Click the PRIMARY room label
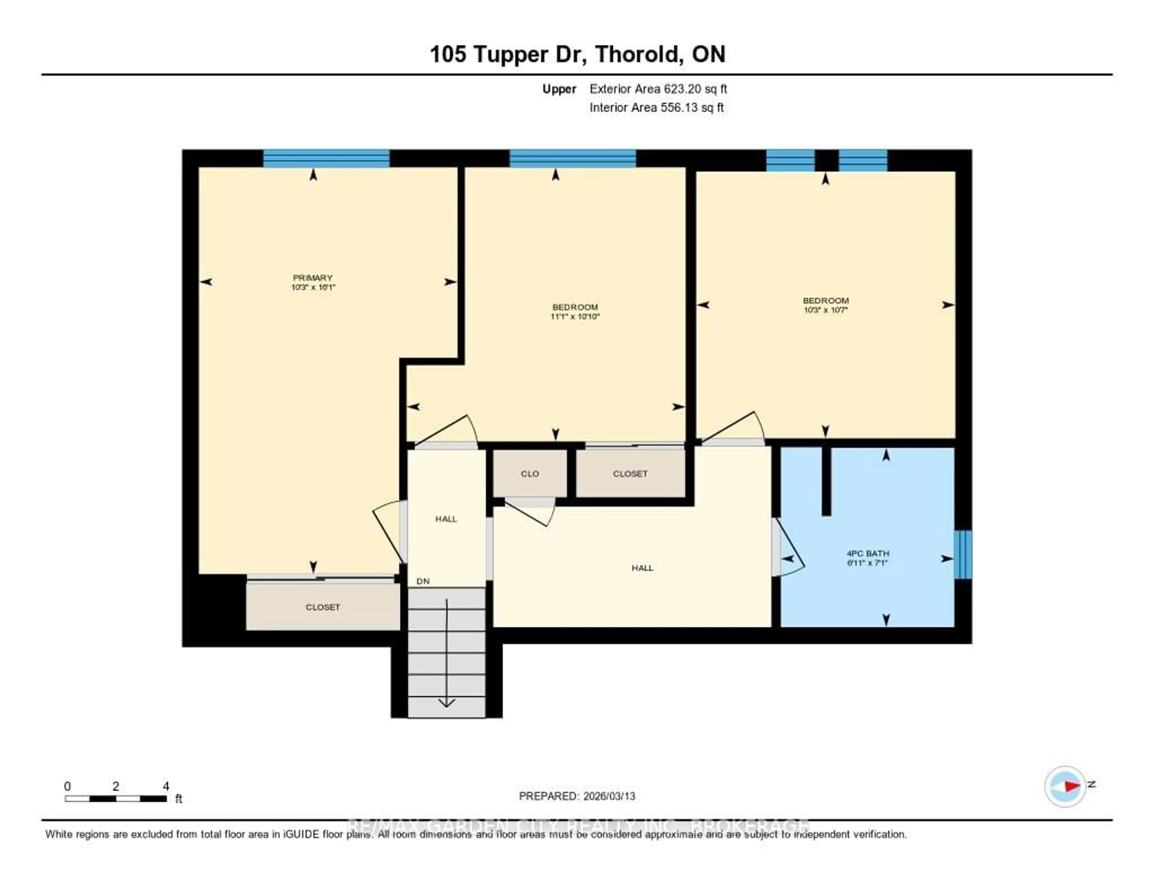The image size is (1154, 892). [x=313, y=278]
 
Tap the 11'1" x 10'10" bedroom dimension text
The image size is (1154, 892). [x=575, y=317]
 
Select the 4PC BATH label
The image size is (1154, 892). [x=868, y=553]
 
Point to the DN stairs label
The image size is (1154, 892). [x=423, y=581]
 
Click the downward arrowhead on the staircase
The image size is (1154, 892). [x=447, y=703]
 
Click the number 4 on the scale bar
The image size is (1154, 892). [x=166, y=786]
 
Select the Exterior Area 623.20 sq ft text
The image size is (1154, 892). [x=658, y=89]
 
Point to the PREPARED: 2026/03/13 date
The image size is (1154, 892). [x=577, y=796]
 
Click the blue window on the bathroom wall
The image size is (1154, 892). [x=963, y=554]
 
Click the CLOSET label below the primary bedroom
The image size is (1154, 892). [x=322, y=607]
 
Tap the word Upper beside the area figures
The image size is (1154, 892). [x=559, y=89]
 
